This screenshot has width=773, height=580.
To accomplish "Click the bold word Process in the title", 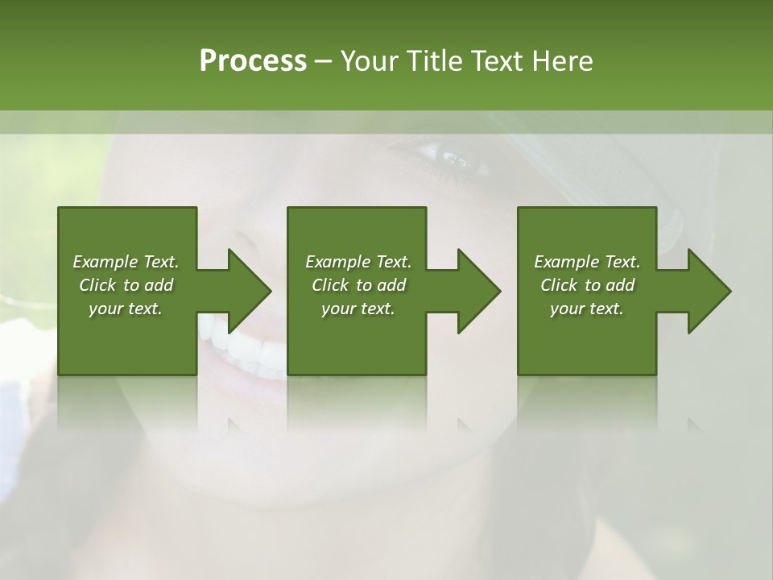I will [253, 61].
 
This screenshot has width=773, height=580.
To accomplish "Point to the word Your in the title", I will [371, 61].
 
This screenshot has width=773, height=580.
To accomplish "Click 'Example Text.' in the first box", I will [126, 262].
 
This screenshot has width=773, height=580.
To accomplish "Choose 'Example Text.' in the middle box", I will [358, 262].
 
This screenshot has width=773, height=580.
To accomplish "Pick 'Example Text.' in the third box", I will [587, 262].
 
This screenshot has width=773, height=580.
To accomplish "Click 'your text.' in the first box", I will [126, 309].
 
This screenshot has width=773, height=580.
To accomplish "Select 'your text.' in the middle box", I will [358, 309].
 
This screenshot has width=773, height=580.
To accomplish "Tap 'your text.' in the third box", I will [587, 309].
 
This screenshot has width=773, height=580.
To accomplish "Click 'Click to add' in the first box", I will [126, 285].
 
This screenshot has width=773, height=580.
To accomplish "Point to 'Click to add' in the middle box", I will [358, 285].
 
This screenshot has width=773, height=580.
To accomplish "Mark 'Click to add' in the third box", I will [587, 285].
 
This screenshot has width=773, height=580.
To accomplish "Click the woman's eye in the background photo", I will [447, 157].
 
